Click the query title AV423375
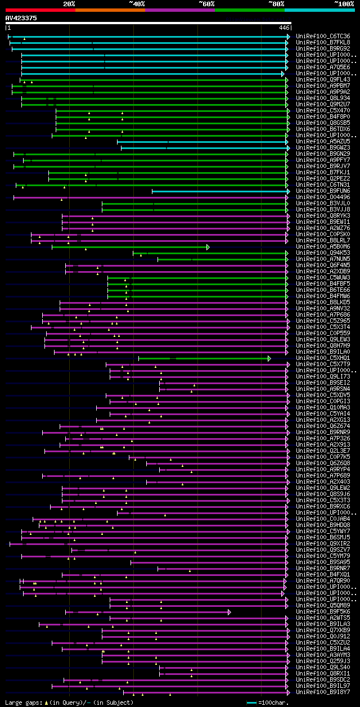click(x=21, y=18)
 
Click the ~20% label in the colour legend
click(x=69, y=3)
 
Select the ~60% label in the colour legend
click(x=206, y=3)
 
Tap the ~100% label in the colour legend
click(x=344, y=3)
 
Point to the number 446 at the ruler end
click(x=284, y=28)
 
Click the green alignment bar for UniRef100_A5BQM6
click(x=129, y=247)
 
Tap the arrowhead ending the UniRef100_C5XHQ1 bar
click(x=269, y=358)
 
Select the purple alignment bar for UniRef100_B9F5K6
click(x=146, y=612)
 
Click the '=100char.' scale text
click(x=274, y=703)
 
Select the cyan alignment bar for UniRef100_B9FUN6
click(x=219, y=191)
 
